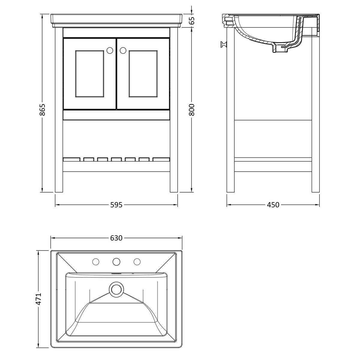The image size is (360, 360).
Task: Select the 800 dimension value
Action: (192, 110)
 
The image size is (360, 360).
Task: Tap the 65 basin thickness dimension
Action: (192, 20)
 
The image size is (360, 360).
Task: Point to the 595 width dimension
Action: (116, 205)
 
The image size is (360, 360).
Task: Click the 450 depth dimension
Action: (273, 205)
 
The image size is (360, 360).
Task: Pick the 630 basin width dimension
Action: (116, 238)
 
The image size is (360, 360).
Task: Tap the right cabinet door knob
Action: (123, 51)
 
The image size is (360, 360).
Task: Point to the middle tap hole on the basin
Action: (116, 262)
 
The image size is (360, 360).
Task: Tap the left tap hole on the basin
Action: (96, 262)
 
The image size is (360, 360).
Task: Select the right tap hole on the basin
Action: (137, 262)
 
